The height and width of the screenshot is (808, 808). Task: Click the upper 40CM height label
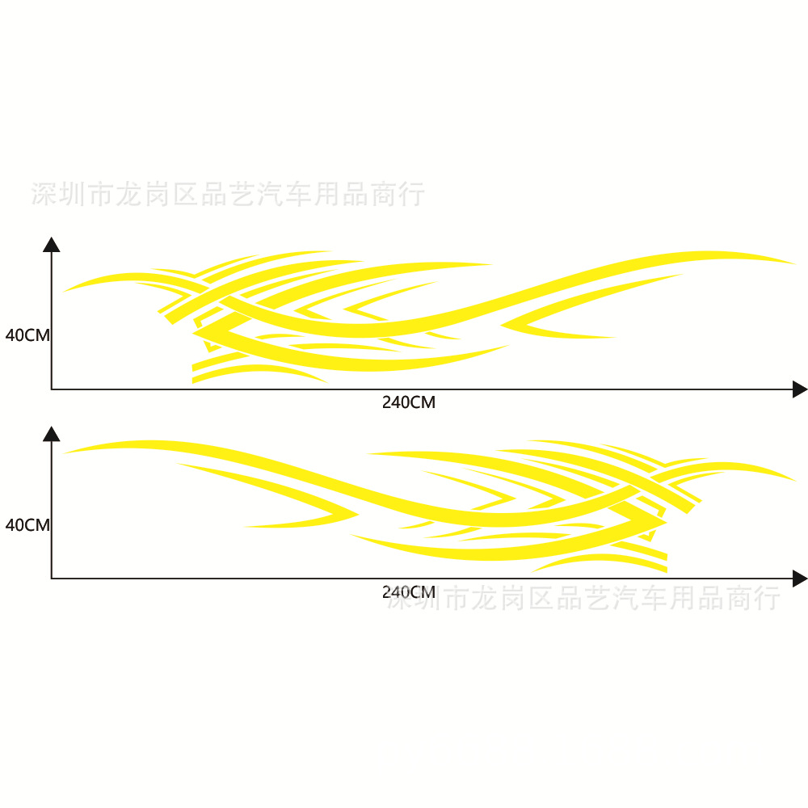pyautogui.click(x=27, y=335)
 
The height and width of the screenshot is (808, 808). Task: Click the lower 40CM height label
pyautogui.click(x=27, y=525)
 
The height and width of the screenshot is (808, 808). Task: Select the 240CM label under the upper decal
pyautogui.click(x=409, y=402)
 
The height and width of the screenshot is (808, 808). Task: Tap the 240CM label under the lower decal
pyautogui.click(x=409, y=592)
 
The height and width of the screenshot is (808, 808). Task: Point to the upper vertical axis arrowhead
pyautogui.click(x=52, y=245)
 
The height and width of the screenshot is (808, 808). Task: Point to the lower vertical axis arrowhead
pyautogui.click(x=52, y=434)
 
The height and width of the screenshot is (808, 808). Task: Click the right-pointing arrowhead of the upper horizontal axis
pyautogui.click(x=800, y=389)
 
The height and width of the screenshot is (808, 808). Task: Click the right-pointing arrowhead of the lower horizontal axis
pyautogui.click(x=800, y=579)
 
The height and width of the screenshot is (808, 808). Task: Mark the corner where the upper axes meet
pyautogui.click(x=52, y=389)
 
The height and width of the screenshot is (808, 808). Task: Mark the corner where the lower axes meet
pyautogui.click(x=52, y=579)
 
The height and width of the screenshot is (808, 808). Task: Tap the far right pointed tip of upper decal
pyautogui.click(x=796, y=264)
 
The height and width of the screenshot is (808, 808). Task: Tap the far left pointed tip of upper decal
pyautogui.click(x=63, y=292)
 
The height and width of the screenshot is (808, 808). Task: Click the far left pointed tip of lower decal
pyautogui.click(x=63, y=453)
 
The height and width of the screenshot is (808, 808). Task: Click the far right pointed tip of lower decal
pyautogui.click(x=796, y=482)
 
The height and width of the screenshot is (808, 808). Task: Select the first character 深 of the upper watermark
pyautogui.click(x=44, y=194)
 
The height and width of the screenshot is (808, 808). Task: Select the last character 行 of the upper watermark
pyautogui.click(x=412, y=194)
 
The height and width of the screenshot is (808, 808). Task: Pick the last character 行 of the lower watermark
pyautogui.click(x=767, y=598)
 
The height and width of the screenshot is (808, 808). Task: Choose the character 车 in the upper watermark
pyautogui.click(x=298, y=194)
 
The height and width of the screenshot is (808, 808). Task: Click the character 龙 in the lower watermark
pyautogui.click(x=485, y=598)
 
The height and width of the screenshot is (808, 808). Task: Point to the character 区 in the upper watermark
pyautogui.click(x=186, y=194)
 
